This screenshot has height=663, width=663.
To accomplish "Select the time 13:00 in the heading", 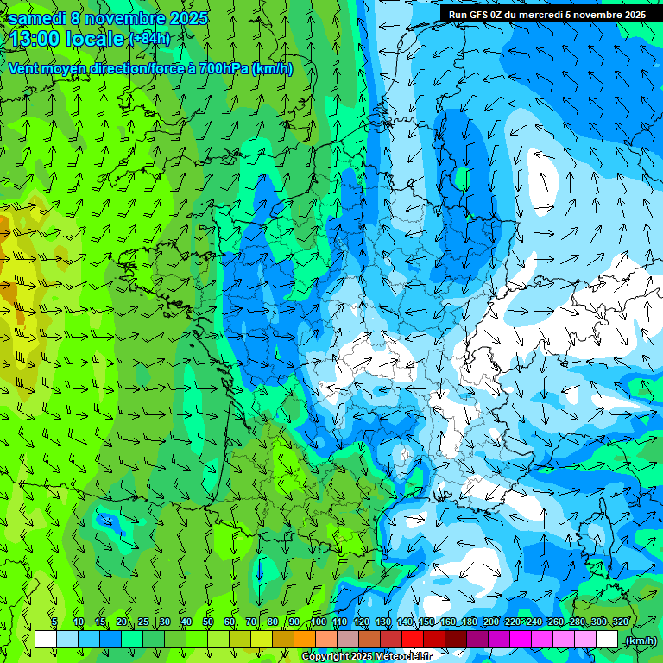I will [x=38, y=39].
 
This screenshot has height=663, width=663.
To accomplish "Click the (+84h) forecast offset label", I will [x=149, y=39].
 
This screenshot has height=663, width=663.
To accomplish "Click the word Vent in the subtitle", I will [x=23, y=68].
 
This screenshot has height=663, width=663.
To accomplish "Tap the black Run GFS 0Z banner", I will [x=545, y=15].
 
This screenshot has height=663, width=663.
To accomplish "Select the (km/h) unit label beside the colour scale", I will [x=641, y=641].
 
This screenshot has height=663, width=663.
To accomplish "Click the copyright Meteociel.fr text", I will [x=366, y=657].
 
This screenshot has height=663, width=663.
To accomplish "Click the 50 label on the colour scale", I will [x=207, y=622].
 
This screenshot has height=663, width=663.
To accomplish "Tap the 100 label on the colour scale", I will [x=318, y=622].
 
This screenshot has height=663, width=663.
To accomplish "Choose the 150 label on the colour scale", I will [x=426, y=622].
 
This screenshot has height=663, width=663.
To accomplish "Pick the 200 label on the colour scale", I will [x=490, y=622].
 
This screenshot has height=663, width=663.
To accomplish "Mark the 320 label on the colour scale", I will [x=620, y=622].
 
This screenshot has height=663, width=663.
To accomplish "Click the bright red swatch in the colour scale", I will [x=413, y=640].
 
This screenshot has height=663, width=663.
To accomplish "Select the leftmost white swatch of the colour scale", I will [x=46, y=640].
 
